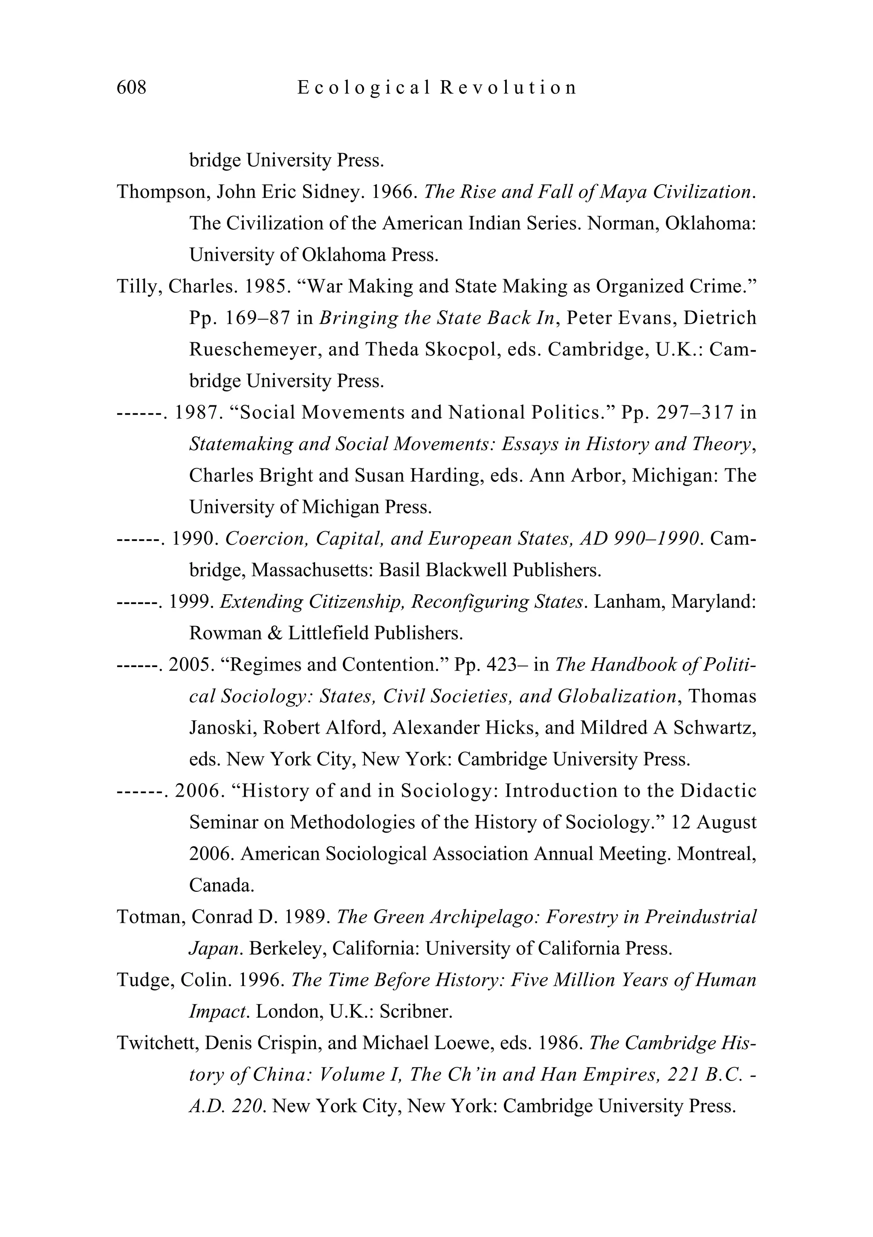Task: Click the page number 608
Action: [x=131, y=87]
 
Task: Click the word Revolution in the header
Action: [x=508, y=87]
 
